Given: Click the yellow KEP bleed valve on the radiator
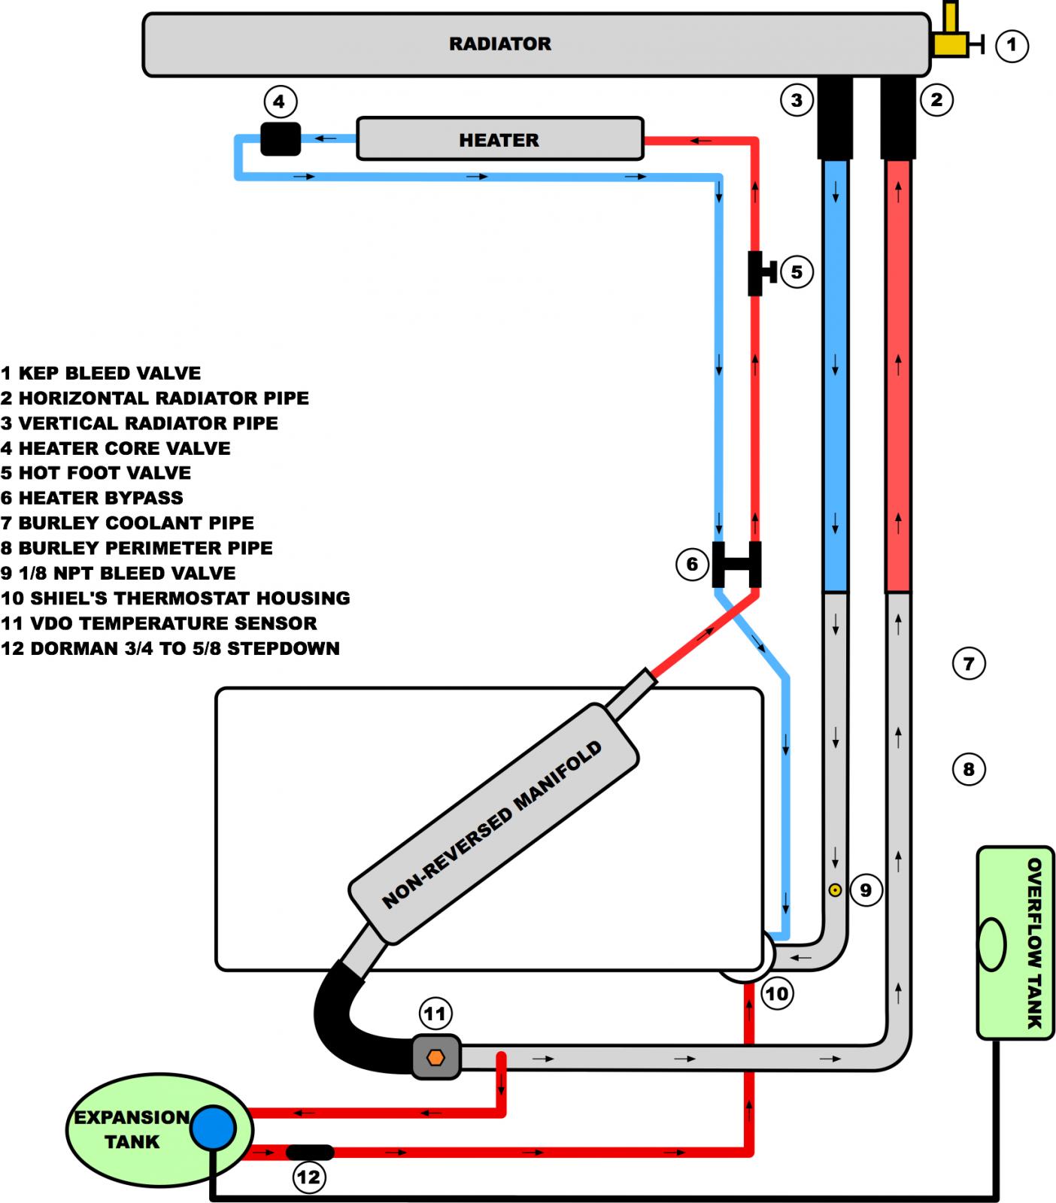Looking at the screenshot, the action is click(x=951, y=38).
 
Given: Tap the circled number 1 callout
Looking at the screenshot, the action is click(x=1012, y=45).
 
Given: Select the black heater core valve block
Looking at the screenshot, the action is click(x=281, y=139).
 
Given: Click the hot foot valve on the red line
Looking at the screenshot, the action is click(x=760, y=273).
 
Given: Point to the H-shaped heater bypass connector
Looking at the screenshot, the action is click(x=736, y=565).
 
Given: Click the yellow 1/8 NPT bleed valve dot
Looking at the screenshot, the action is click(x=834, y=890).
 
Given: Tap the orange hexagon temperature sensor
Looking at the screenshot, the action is click(x=435, y=1057).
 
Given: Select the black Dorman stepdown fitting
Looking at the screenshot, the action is click(x=310, y=1152).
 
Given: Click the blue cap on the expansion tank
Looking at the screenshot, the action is click(x=213, y=1128).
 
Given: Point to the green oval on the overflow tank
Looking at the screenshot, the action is click(x=992, y=944).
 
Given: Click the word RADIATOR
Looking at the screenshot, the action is click(x=500, y=44).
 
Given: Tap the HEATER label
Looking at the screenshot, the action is click(x=499, y=140).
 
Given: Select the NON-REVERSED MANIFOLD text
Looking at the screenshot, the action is click(x=492, y=825).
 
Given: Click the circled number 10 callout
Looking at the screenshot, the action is click(x=776, y=994).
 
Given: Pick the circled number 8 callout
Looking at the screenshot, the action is click(x=969, y=769).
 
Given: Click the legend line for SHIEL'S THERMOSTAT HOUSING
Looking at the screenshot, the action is click(x=175, y=598).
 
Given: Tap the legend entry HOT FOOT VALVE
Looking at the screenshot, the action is click(x=96, y=473).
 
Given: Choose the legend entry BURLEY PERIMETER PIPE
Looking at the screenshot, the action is click(x=136, y=548).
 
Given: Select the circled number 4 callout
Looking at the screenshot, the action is click(x=280, y=102).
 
